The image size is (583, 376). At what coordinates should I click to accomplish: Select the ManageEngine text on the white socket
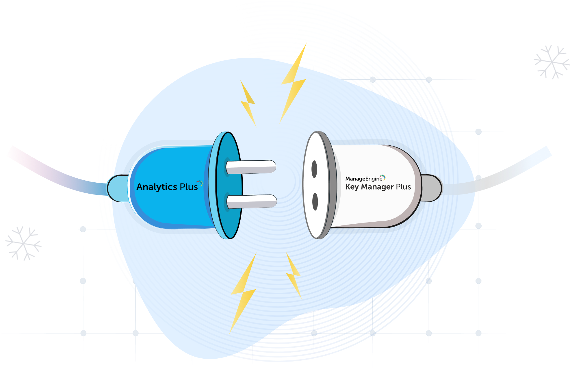(x=363, y=179)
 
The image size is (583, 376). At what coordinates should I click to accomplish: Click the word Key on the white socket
(x=352, y=187)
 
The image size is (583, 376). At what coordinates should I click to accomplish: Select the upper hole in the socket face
(x=314, y=169)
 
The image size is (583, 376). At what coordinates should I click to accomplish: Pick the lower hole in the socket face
(x=315, y=202)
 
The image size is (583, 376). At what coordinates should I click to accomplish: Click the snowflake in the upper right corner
(x=552, y=62)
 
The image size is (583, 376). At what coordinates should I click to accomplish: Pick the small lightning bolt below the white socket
(x=294, y=275)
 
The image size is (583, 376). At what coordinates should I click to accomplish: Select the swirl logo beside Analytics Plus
(x=199, y=183)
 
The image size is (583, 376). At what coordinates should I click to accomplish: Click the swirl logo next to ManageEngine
(x=383, y=177)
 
